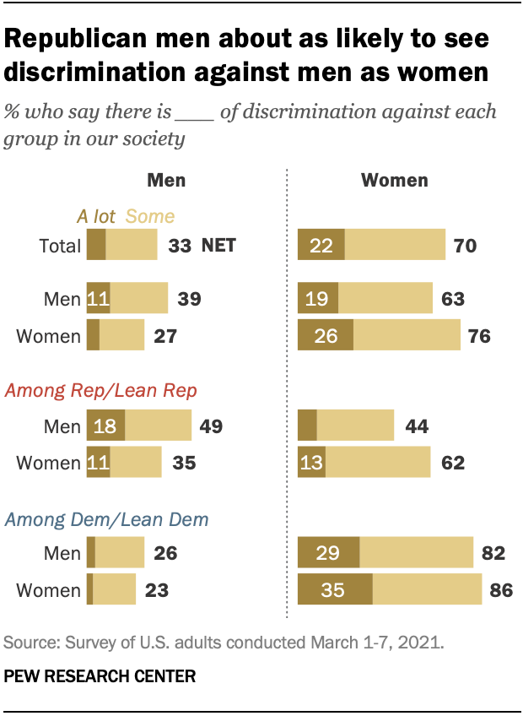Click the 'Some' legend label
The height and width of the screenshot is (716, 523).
click(x=149, y=216)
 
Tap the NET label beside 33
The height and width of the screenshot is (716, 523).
click(x=218, y=246)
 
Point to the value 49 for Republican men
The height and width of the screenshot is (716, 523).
click(x=210, y=426)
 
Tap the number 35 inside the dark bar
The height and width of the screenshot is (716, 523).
click(x=332, y=589)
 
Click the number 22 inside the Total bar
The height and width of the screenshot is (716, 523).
click(x=321, y=246)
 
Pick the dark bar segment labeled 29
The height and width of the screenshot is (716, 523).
click(x=329, y=553)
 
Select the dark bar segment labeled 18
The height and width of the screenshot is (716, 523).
click(x=105, y=426)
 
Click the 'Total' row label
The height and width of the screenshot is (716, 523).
click(x=60, y=246)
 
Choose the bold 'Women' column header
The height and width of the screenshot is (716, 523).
click(x=394, y=180)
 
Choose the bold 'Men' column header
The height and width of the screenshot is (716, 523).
click(x=166, y=180)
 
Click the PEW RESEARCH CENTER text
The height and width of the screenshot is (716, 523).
click(x=100, y=675)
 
